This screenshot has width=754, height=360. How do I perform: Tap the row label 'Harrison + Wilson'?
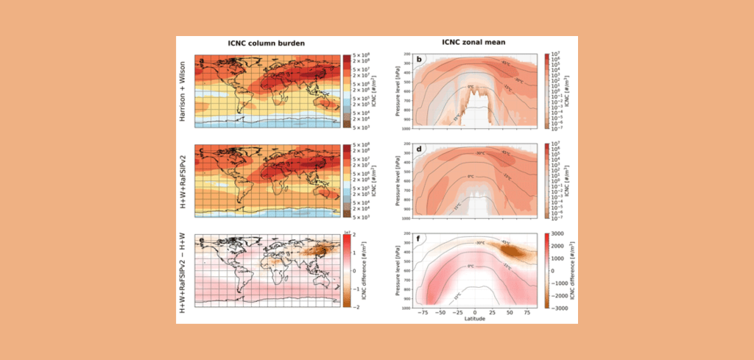click(x=183, y=91)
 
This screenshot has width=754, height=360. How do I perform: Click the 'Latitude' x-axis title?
click(x=475, y=318)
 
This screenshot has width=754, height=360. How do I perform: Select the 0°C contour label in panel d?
click(x=471, y=177)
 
